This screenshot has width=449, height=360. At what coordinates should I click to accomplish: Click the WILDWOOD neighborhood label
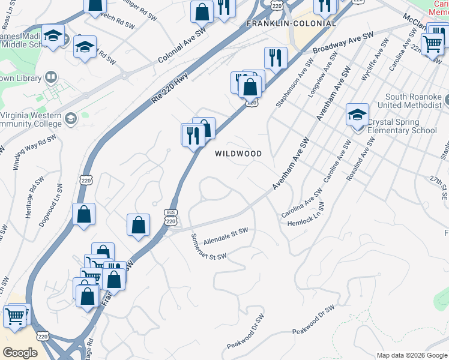point(238,154)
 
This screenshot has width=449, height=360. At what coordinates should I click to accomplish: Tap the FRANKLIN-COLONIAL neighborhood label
point(291,23)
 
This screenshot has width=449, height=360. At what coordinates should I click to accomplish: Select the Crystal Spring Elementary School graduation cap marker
point(357,114)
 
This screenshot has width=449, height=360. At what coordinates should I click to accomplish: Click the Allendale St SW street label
point(226,236)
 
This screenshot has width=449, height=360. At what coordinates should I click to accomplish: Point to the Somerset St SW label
point(208,247)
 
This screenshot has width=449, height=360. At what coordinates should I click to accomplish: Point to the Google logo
point(19,353)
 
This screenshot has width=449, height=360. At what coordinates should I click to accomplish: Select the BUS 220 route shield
point(170,217)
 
